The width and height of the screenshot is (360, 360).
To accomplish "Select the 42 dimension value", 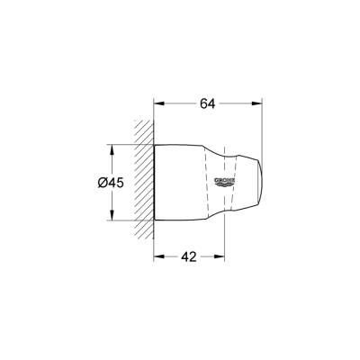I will coord(187,256).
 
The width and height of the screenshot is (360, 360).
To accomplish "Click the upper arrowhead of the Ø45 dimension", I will coord(112,147).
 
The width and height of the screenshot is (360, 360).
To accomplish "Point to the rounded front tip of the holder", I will coord(260,183).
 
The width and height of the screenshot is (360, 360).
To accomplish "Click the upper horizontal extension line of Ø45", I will coord(126,144).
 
